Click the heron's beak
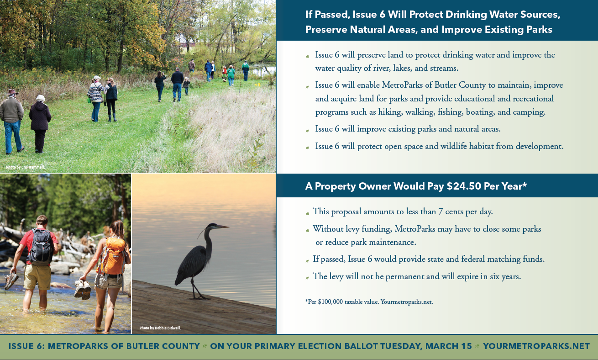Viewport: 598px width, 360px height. coord(223,227)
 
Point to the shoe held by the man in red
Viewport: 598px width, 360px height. coord(11,280)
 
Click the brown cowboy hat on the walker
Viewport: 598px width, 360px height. coord(12,92)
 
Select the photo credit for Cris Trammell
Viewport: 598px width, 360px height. coord(26,167)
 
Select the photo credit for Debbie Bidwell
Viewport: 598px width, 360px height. coord(160,328)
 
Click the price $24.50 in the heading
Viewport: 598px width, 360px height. coord(464,186)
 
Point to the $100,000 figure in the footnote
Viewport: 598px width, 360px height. coord(330,302)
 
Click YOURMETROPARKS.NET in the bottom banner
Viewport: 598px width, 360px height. coord(536,346)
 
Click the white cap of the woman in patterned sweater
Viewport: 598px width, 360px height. coord(97,78)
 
